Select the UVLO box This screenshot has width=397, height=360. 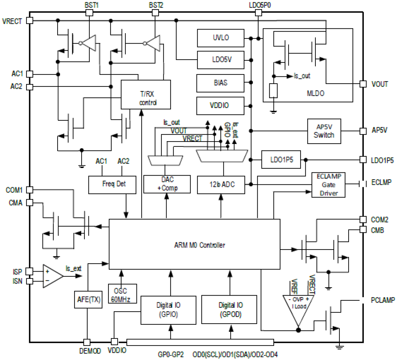click(220, 38)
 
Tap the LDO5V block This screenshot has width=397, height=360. click(220, 60)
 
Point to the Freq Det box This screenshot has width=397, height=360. click(112, 184)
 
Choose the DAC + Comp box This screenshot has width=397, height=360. click(167, 184)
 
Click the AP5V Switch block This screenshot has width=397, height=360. click(324, 131)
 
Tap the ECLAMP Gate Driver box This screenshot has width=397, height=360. click(328, 185)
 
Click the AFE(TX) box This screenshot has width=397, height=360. click(89, 299)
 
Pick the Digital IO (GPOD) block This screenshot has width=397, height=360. click(229, 309)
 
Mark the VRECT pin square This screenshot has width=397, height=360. click(29, 21)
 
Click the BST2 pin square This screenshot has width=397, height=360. click(155, 13)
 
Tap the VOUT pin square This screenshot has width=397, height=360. click(363, 84)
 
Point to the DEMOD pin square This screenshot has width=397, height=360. click(86, 342)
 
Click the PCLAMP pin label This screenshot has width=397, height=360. click(382, 300)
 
